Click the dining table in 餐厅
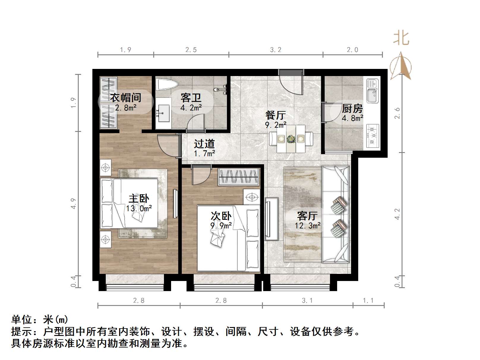[291, 139]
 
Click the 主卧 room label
[139, 198]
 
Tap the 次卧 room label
[221, 216]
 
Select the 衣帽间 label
[126, 97]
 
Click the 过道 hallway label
[204, 144]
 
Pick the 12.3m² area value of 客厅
[307, 226]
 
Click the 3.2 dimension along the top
[276, 50]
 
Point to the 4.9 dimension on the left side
[73, 204]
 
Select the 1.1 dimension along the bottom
[368, 301]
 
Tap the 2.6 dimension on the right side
[397, 113]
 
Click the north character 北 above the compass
[401, 39]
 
